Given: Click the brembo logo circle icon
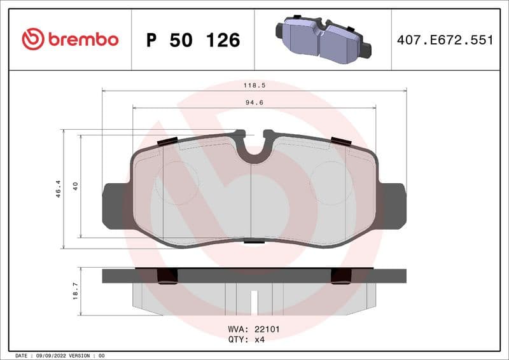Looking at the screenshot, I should click(33, 39).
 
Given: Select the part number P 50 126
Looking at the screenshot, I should click(193, 40).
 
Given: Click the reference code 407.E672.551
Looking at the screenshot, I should click(445, 40).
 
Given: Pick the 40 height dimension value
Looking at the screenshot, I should click(75, 186).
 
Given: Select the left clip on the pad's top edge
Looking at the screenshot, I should click(167, 141).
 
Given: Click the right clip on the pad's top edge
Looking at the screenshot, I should click(340, 141).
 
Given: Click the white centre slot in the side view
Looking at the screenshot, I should click(254, 302).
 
